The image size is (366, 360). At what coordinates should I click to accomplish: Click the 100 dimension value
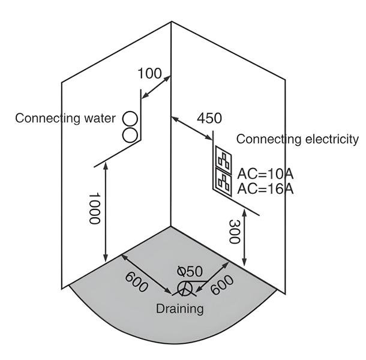[149, 74]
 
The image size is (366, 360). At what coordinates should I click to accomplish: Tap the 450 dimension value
[209, 118]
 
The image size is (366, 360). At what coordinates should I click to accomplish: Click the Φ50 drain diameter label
[190, 271]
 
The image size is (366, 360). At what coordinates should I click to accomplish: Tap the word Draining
[179, 309]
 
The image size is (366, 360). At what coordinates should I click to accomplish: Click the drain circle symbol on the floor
[185, 290]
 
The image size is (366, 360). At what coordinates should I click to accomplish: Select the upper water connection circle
[130, 118]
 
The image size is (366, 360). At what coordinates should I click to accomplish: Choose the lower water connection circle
[130, 134]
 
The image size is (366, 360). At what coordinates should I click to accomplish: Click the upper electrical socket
[224, 159]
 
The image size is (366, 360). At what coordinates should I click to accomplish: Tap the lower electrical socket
[224, 181]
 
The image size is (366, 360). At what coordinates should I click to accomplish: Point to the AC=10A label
[265, 174]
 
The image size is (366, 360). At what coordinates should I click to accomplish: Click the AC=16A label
[265, 189]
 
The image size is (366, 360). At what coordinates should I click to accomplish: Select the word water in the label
[97, 118]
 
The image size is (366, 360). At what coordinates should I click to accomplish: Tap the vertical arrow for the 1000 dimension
[106, 214]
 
